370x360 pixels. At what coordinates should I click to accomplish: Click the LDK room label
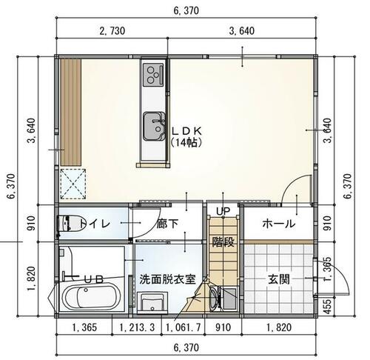(187, 131)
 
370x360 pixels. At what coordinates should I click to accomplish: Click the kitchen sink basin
(154, 126)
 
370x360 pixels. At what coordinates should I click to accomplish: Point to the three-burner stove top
(153, 75)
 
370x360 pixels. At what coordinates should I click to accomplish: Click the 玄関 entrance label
(279, 280)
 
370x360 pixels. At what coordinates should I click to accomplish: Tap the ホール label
(278, 224)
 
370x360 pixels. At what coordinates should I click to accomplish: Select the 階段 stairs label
(223, 242)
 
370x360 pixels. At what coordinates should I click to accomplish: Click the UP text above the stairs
(223, 211)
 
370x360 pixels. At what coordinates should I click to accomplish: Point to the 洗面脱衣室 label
(167, 279)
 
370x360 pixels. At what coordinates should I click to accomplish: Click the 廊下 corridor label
(167, 224)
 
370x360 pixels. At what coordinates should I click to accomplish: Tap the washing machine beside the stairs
(223, 299)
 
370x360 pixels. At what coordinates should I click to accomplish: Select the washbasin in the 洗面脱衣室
(152, 302)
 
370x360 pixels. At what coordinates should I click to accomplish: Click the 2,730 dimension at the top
(112, 31)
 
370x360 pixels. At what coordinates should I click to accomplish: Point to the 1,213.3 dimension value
(137, 327)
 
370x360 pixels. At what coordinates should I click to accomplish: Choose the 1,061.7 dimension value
(184, 327)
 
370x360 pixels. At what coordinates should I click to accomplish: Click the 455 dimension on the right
(327, 307)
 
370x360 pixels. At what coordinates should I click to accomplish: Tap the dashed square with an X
(73, 184)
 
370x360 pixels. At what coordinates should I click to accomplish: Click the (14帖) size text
(187, 142)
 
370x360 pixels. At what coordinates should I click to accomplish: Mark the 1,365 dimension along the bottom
(84, 327)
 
